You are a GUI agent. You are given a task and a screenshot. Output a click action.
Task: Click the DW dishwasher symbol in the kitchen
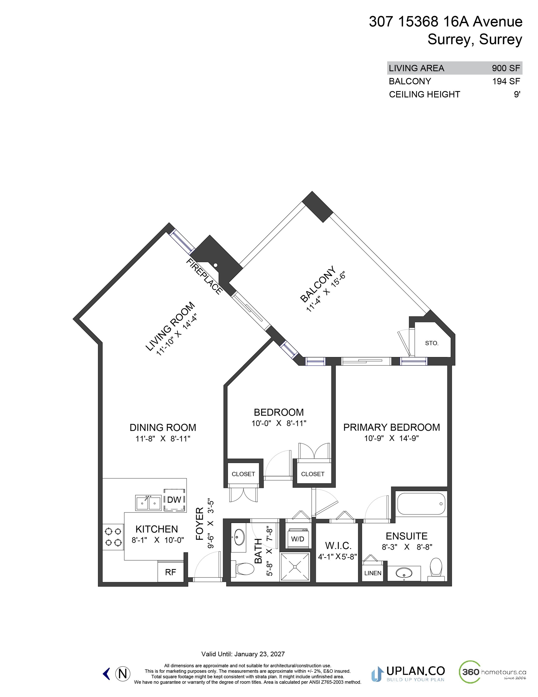click(x=174, y=500)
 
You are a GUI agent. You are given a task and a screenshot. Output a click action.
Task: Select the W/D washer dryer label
click(x=297, y=539)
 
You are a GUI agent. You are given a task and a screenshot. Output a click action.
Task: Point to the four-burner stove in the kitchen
click(x=113, y=537)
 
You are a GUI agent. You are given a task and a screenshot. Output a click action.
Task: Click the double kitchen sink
click(x=148, y=503)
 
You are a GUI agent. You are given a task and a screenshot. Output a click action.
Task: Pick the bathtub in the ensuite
click(x=421, y=504)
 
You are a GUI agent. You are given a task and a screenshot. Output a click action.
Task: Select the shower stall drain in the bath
click(x=295, y=567)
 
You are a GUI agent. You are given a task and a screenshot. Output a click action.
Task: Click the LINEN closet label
click(x=373, y=573)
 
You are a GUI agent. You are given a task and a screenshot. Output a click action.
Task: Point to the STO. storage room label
click(x=432, y=343)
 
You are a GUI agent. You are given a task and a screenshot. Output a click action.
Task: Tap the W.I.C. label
click(x=338, y=545)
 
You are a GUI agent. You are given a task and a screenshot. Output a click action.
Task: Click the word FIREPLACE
click(x=204, y=277)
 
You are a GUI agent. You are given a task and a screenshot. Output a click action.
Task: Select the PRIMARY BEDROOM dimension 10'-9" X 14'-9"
click(x=391, y=438)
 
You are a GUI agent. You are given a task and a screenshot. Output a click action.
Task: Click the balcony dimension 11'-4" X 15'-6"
click(x=326, y=291)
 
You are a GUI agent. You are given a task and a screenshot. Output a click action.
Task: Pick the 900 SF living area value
click(x=506, y=68)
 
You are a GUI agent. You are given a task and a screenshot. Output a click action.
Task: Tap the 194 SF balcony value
click(x=506, y=81)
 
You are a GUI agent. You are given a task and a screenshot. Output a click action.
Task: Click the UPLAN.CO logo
click(x=408, y=674)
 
